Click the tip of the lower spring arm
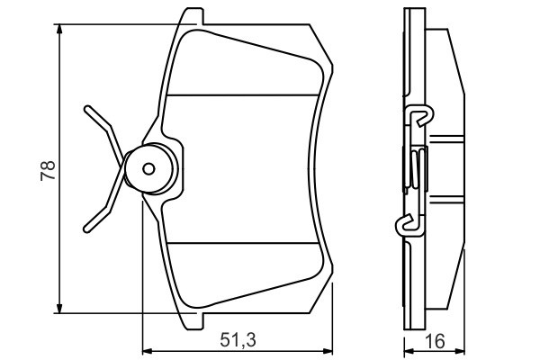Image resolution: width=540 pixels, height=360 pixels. pyautogui.click(x=86, y=228)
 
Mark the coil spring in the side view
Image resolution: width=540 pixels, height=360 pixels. pyautogui.click(x=413, y=168)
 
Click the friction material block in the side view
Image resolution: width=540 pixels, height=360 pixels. pyautogui.click(x=446, y=169)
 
